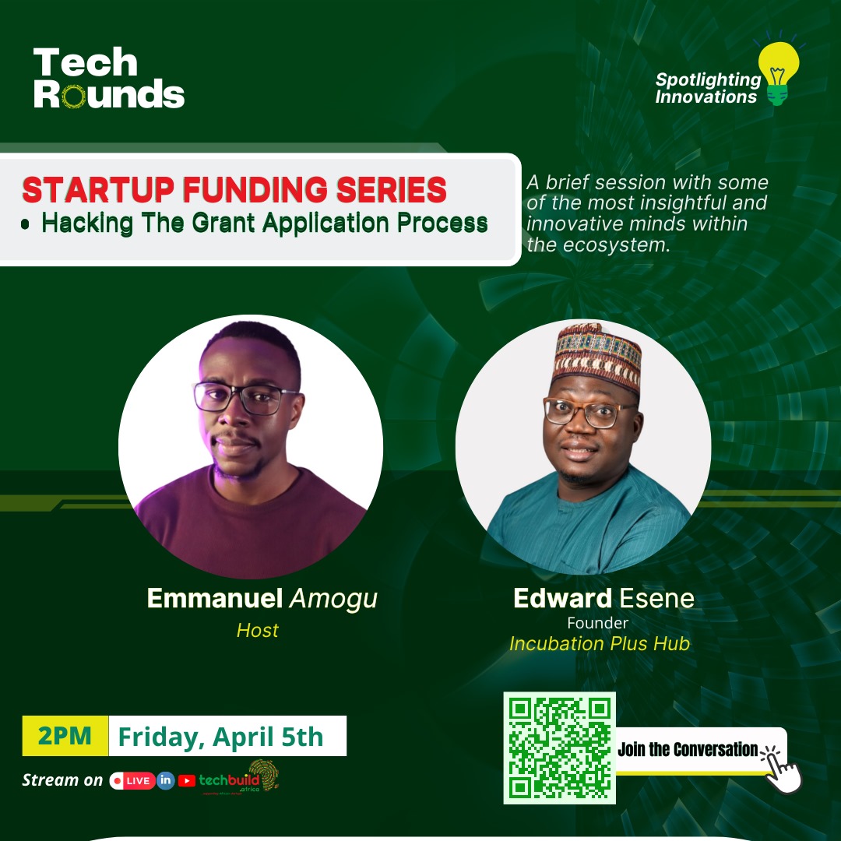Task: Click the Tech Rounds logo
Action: tap(109, 78)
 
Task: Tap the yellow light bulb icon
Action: tap(777, 72)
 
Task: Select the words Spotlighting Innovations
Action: tap(707, 88)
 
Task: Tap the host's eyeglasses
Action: tap(245, 397)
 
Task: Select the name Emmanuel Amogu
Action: tap(262, 598)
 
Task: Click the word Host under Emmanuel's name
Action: tap(257, 629)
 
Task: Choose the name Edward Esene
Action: tap(603, 599)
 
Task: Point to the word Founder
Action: tap(597, 623)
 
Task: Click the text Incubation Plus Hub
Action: tap(599, 644)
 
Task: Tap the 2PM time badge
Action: tap(65, 736)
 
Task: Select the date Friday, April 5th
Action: tap(220, 736)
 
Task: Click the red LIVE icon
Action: tap(132, 780)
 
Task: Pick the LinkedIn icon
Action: tap(166, 780)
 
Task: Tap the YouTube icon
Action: tap(187, 780)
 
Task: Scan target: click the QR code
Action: tap(559, 748)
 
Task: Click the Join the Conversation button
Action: tap(689, 750)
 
